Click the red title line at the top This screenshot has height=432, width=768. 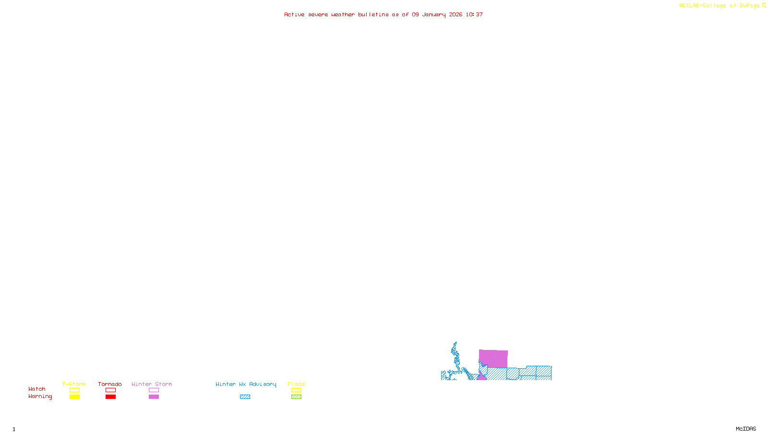(384, 14)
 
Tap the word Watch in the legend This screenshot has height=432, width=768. (37, 389)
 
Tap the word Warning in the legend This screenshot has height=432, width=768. (40, 396)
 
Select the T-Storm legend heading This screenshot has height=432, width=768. (74, 384)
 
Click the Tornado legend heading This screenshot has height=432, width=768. (110, 384)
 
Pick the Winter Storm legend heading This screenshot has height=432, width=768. (152, 384)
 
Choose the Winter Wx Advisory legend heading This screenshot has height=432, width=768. (246, 384)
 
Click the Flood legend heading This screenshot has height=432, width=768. (296, 384)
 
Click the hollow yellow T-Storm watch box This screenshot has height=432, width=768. (74, 390)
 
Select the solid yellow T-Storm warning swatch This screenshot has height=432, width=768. (74, 397)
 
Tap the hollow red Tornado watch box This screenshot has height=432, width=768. (110, 390)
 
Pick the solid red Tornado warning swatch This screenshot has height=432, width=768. (110, 397)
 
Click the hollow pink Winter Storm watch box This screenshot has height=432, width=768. (154, 390)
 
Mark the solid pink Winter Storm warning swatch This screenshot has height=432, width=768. (154, 397)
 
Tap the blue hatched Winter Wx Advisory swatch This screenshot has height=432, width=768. (245, 397)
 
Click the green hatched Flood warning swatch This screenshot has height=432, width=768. (296, 397)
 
